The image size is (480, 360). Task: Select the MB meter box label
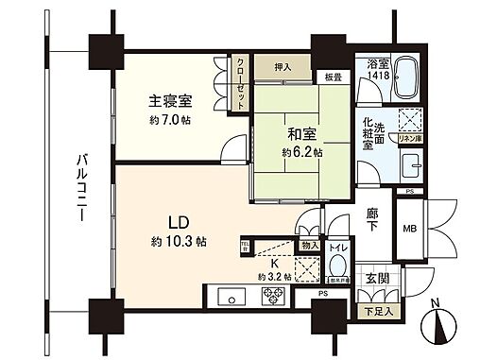tap(410, 229)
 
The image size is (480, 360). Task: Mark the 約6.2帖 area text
tap(300, 151)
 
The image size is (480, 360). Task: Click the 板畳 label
tap(334, 77)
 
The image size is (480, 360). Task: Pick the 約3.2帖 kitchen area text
tap(273, 278)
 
